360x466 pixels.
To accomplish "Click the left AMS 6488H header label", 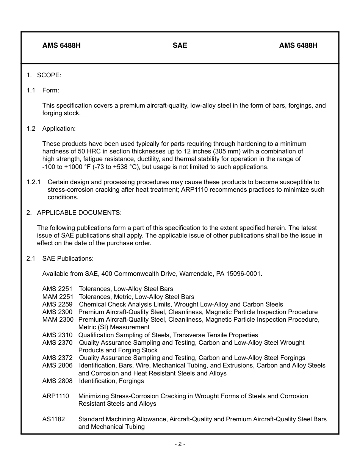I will point(61,45).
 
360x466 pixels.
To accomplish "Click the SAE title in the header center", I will point(180,45).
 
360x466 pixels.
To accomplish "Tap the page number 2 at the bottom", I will point(180,444).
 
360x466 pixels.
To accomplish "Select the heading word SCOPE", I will point(49,75).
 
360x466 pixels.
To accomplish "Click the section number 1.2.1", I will point(34,182).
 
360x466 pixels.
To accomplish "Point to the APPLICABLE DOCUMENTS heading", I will point(79,213).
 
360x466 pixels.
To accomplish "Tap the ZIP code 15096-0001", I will point(244,274).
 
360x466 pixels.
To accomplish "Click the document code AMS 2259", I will point(57,304).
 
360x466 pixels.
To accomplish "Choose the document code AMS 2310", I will point(57,335).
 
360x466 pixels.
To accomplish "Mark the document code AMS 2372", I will point(57,358).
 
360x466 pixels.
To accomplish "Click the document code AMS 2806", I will point(57,365).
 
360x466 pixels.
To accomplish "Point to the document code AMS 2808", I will point(57,381).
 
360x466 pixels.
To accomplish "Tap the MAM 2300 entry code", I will point(58,319).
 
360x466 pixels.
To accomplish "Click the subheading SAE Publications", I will point(68,258).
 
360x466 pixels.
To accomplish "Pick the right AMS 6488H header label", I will point(298,45).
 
